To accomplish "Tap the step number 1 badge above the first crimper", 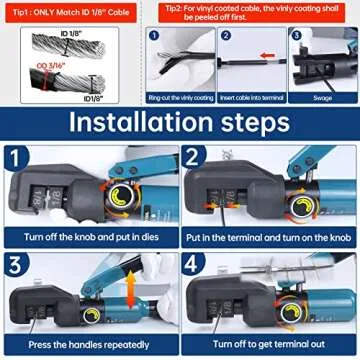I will click(16, 160).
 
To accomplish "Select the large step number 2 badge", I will click(194, 160).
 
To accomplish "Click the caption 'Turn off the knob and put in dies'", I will click(89, 240).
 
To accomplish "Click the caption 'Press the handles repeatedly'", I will click(89, 347).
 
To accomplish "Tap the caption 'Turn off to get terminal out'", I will click(268, 347).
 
